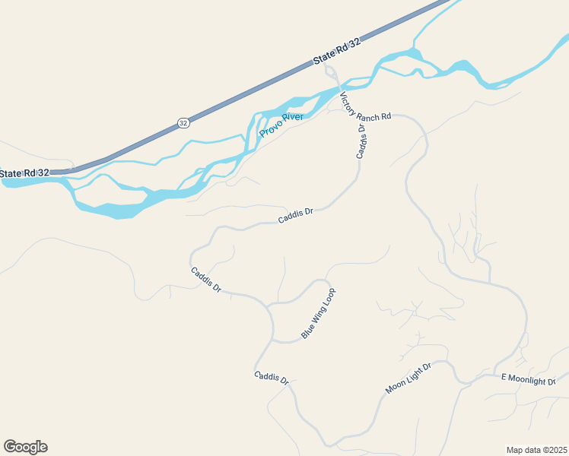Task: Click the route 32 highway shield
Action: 183,122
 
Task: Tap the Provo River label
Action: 281,125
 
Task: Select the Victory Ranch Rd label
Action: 365,106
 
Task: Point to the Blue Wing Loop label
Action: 318,313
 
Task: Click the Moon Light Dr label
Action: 408,378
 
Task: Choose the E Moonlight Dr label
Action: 529,378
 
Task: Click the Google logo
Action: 25,447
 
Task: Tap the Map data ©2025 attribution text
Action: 536,449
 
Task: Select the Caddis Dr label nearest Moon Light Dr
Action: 272,378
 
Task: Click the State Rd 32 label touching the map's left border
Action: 24,173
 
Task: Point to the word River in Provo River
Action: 293,118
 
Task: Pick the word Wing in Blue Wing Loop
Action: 319,312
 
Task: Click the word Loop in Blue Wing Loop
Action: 329,296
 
